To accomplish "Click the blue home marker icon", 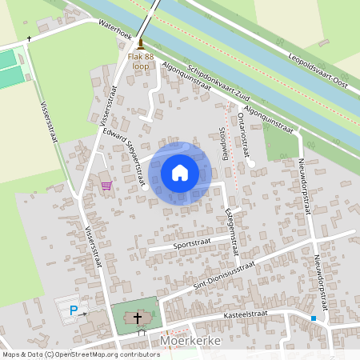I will point(180,173).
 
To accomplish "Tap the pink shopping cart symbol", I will point(106,185).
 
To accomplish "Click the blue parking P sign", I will point(74,310).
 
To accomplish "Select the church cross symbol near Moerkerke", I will point(138,318).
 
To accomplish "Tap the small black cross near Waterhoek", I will point(30,38).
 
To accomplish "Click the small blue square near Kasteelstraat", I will point(314,318).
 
